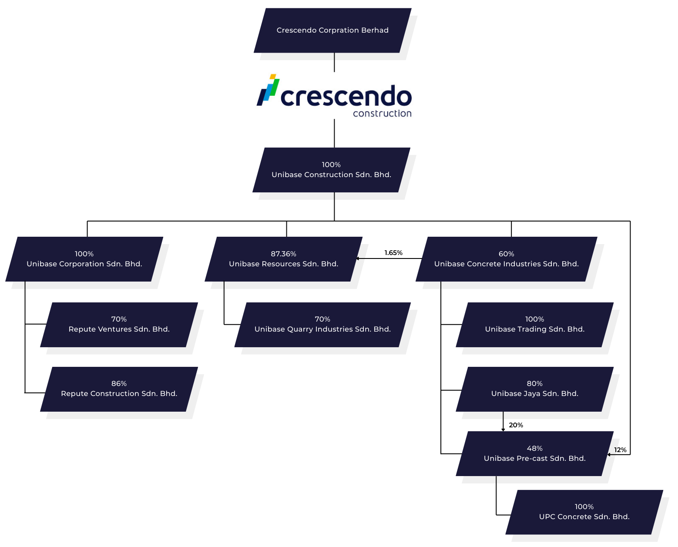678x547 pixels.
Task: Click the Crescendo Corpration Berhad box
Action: point(332,30)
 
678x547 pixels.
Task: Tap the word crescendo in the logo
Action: point(346,96)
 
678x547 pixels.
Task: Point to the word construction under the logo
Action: point(382,114)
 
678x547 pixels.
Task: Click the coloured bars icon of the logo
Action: point(268,90)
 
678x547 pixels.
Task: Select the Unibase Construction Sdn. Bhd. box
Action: point(331,170)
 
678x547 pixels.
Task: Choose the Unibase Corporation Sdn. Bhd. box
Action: point(84,259)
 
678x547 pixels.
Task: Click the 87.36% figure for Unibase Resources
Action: point(283,254)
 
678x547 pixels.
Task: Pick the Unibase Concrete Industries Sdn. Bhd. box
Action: point(506,259)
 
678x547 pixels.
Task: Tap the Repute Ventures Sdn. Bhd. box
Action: point(119,325)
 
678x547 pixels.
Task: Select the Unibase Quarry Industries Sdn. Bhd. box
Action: point(322,325)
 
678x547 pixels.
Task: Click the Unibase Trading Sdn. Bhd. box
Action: point(534,325)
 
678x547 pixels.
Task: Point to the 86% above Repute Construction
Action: point(119,383)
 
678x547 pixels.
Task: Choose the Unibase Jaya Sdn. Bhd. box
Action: point(534,389)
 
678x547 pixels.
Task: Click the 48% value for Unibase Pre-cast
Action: point(534,448)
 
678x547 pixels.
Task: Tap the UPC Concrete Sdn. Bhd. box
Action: point(584,512)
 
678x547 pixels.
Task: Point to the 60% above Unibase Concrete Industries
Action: point(506,254)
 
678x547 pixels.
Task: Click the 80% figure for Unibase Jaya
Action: point(534,383)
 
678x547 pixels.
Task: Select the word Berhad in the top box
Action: point(375,30)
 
